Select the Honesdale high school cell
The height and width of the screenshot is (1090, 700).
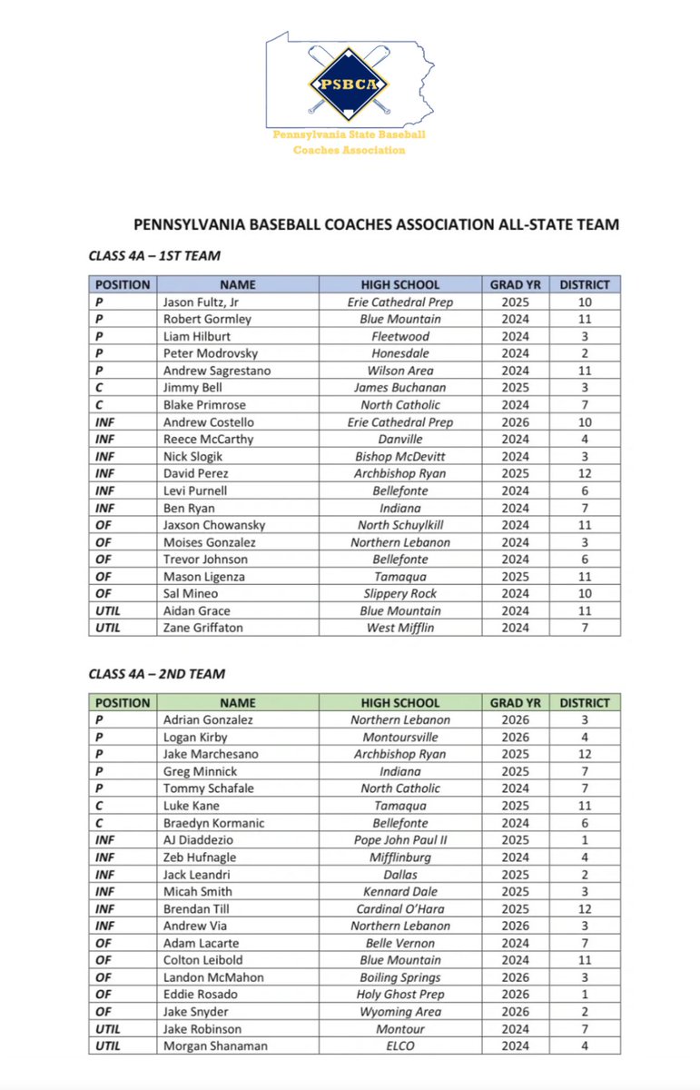[399, 353]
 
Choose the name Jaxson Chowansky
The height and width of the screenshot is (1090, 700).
[213, 525]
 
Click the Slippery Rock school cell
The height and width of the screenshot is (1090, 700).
[399, 594]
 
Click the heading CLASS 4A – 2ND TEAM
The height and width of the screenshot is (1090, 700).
[156, 674]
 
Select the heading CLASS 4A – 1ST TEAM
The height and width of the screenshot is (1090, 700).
[154, 256]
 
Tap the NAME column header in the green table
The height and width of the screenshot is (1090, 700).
[237, 702]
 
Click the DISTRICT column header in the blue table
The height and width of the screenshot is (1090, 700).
[584, 284]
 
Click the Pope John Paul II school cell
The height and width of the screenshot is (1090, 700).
[399, 839]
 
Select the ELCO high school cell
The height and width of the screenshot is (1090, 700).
[399, 1045]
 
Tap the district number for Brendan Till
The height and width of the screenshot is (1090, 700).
[584, 908]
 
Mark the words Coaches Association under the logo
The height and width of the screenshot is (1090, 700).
[349, 150]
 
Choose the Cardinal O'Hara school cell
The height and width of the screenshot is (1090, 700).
[399, 908]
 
